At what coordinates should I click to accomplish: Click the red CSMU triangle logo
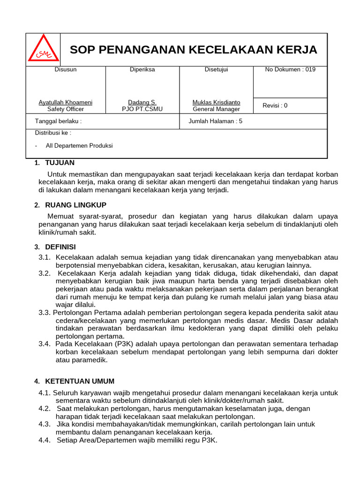[x=43, y=49]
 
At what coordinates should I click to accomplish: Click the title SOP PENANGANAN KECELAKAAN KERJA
[x=193, y=50]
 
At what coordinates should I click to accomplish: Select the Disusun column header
[x=66, y=70]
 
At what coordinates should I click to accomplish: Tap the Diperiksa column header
[x=142, y=70]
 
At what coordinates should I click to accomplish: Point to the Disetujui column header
[x=216, y=70]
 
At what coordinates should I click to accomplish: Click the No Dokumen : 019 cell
[x=290, y=70]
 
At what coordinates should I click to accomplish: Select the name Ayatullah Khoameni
[x=66, y=102]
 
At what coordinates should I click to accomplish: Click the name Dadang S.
[x=142, y=102]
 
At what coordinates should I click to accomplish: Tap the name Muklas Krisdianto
[x=216, y=102]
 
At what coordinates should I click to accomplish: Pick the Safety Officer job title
[x=66, y=109]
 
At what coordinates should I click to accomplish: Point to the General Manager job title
[x=216, y=109]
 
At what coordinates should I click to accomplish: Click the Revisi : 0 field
[x=275, y=105]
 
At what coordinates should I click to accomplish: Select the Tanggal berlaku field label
[x=58, y=121]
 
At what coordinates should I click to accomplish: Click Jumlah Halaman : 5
[x=215, y=121]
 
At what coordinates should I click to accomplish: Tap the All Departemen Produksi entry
[x=79, y=146]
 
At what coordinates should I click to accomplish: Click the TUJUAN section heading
[x=60, y=163]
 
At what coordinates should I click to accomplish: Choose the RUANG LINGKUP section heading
[x=75, y=205]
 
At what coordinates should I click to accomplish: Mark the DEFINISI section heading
[x=60, y=247]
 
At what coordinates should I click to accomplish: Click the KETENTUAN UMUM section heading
[x=79, y=381]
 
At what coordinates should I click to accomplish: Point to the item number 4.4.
[x=45, y=440]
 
